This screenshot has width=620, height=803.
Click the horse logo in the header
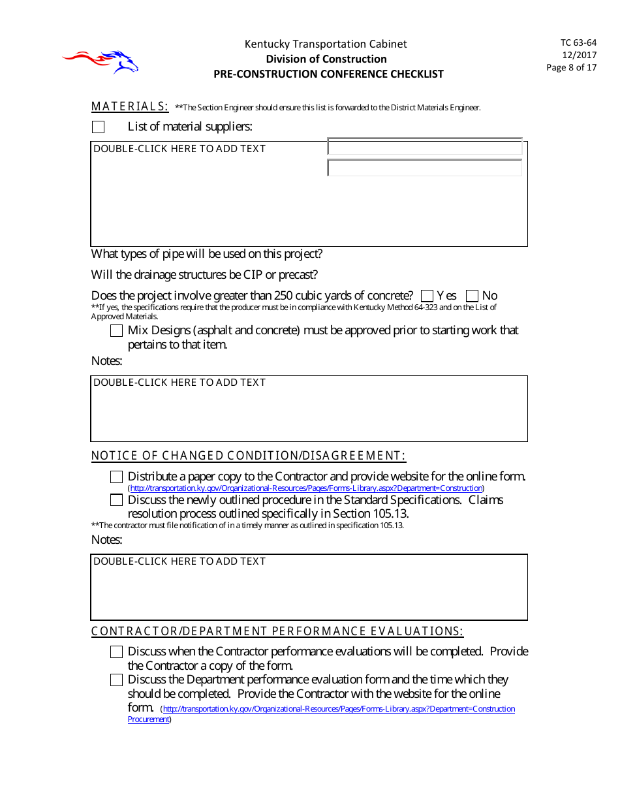(x=101, y=61)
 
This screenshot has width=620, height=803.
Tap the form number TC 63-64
(x=578, y=42)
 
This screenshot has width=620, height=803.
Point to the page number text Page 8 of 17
(x=571, y=67)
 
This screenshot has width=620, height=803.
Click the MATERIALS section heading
(x=130, y=106)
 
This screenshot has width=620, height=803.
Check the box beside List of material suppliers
(x=98, y=127)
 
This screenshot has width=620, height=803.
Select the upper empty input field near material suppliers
(x=424, y=148)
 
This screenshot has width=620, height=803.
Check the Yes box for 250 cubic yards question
(x=427, y=296)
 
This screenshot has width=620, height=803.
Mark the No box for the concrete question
(x=472, y=296)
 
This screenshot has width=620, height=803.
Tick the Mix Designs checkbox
(x=116, y=330)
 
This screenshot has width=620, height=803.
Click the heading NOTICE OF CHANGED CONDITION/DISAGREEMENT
(x=248, y=456)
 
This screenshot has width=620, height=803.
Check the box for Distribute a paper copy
(x=116, y=477)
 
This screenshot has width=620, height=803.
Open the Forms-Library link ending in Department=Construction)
(x=305, y=488)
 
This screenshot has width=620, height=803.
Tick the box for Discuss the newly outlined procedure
(x=116, y=500)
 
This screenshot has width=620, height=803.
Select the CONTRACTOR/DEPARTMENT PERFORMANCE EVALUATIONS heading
(x=277, y=631)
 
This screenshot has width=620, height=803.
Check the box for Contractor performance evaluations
(x=116, y=652)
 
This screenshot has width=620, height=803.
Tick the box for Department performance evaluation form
(x=116, y=680)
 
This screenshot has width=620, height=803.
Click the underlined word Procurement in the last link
(x=148, y=719)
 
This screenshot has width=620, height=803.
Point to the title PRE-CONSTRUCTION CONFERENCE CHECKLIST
(x=328, y=74)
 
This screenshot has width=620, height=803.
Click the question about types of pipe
(x=206, y=254)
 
